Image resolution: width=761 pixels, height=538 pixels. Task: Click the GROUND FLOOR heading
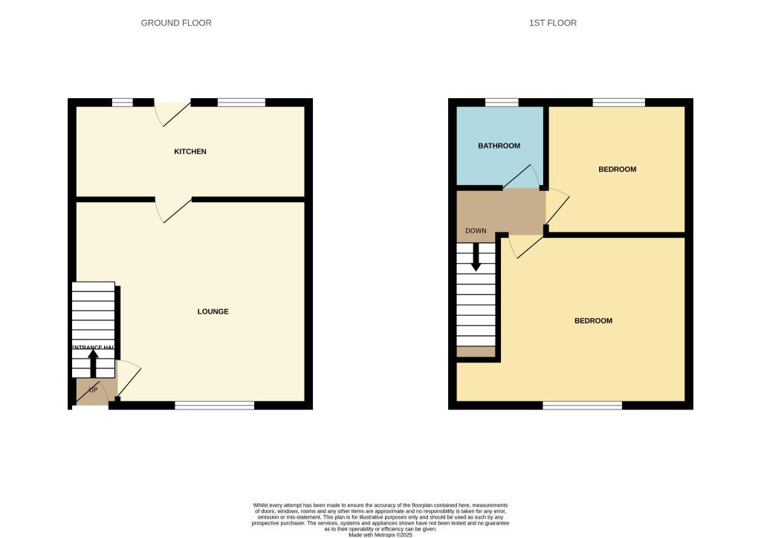[x=176, y=23]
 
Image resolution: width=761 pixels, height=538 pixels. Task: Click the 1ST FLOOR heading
[x=552, y=23]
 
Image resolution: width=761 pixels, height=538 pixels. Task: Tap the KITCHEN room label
[x=190, y=152]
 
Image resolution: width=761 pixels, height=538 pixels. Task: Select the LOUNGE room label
[x=213, y=311]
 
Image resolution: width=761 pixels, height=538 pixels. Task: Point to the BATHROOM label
[x=499, y=146]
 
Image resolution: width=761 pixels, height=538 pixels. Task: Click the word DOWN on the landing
[x=476, y=231]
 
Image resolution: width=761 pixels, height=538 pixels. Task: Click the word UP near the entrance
[x=94, y=389]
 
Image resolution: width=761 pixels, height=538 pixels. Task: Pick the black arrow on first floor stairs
[x=476, y=257]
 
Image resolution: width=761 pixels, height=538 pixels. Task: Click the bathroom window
[x=502, y=103]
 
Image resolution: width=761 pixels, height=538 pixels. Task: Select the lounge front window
[x=214, y=405]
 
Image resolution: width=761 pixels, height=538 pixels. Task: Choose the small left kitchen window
[x=122, y=103]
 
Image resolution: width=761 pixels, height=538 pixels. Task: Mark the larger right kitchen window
[x=242, y=103]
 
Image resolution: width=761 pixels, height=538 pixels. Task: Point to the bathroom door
[x=522, y=177]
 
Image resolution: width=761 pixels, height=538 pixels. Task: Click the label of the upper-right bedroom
[x=617, y=169]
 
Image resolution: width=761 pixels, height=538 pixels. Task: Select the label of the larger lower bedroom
[x=593, y=321]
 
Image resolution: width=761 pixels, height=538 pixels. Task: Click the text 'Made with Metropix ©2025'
[x=380, y=534]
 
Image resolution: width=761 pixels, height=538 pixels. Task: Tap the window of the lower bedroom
[x=582, y=405]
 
